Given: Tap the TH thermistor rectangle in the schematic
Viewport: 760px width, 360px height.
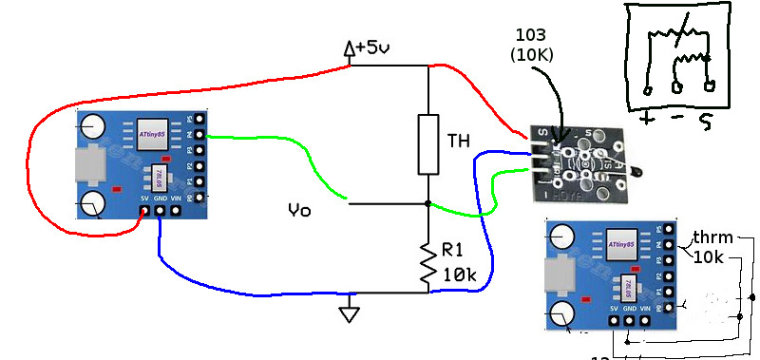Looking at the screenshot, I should click(428, 144).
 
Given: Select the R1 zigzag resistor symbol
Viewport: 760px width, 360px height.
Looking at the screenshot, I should click(428, 262).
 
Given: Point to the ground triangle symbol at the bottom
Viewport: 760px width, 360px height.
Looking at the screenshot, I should click(351, 311).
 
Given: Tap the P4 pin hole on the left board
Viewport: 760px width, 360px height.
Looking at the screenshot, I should click(200, 137).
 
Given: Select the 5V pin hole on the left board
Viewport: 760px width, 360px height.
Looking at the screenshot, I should click(144, 211).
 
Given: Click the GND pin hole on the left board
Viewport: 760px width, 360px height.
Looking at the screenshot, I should click(161, 211).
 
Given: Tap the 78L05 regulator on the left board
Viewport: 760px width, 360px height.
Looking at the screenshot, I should click(156, 179).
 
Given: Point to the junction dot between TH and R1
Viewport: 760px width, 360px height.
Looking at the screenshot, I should click(428, 203).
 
